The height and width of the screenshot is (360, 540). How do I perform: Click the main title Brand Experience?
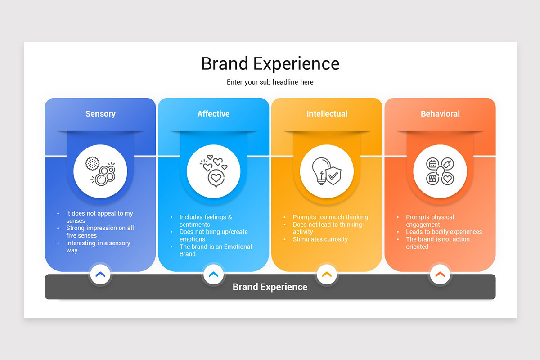270,64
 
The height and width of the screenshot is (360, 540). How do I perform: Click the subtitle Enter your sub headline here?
270,82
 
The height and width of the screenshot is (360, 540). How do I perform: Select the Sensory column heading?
100,114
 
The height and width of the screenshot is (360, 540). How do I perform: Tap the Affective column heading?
213,114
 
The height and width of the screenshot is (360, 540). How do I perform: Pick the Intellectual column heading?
327,114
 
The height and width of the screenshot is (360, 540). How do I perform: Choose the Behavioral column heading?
440,114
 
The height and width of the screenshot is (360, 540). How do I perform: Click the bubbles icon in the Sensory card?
100,171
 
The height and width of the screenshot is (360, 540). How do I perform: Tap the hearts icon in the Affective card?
213,171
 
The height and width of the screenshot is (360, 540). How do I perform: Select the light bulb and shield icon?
327,171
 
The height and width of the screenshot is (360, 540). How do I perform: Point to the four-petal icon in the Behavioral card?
440,171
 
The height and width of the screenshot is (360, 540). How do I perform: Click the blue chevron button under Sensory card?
100,274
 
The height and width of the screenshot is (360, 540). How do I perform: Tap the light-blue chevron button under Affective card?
213,274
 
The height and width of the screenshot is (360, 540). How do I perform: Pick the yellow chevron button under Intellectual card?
327,274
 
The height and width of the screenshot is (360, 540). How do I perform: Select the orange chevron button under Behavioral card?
440,274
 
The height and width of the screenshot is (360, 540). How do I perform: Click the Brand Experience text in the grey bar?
270,287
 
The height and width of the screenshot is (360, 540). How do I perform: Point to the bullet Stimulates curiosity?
320,239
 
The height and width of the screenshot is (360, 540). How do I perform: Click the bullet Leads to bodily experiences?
444,232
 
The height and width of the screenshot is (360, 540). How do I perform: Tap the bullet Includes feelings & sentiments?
205,220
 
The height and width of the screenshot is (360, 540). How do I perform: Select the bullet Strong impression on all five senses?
99,232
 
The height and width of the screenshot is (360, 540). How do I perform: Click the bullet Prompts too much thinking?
330,217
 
